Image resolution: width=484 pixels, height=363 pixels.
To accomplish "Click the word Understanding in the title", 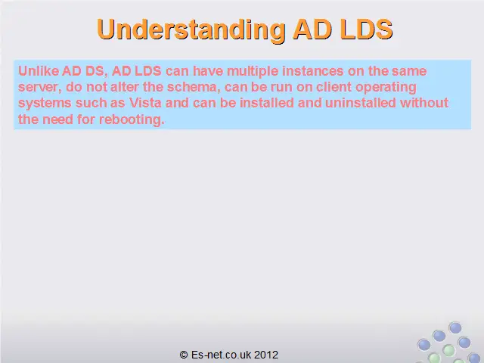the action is tap(191, 29).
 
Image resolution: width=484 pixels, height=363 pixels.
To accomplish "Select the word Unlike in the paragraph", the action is tap(39, 70).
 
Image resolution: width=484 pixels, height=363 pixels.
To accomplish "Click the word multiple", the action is tap(253, 71).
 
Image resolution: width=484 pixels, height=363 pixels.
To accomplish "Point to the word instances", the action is tap(312, 71).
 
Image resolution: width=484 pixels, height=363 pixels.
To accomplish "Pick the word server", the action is tap(38, 88).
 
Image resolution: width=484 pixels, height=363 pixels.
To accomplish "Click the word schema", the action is tap(194, 87).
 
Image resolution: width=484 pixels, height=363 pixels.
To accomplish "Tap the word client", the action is tap(334, 87).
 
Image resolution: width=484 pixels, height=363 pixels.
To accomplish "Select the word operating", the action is tap(386, 88).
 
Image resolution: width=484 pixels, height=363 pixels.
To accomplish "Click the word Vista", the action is tap(145, 103).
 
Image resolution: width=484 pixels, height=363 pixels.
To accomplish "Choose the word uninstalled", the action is tap(361, 103).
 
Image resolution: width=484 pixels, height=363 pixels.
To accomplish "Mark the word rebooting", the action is tap(132, 119).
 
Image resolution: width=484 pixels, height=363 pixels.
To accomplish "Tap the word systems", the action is tap(45, 103).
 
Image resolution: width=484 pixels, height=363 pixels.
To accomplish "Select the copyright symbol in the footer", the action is tap(184, 355).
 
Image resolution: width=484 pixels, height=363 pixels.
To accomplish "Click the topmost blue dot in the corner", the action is tap(455, 327).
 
